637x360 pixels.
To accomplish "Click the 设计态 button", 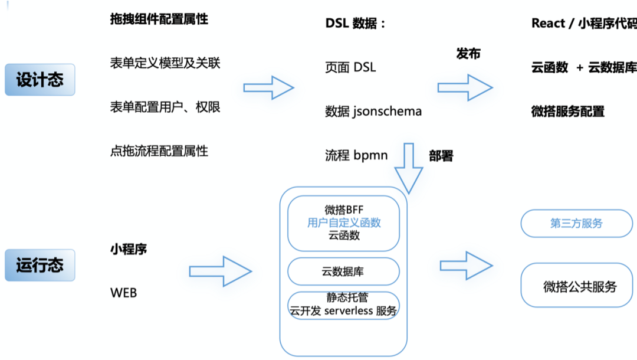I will tap(40, 80).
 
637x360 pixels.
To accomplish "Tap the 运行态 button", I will tap(40, 265).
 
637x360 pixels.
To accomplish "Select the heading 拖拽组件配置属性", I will tap(159, 19).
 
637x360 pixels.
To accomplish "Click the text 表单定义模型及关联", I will tap(165, 63).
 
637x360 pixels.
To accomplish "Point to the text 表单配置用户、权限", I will tap(165, 107).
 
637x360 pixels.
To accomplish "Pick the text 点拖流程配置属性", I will tap(159, 151).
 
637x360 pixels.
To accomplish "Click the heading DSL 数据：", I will tap(355, 23).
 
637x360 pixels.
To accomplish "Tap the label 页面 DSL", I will tap(350, 67).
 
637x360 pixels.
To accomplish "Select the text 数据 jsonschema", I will tap(373, 111).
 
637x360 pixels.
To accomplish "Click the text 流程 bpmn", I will tap(356, 155).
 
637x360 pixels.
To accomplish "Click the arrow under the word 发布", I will tap(465, 87).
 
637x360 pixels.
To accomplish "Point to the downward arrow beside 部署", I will tap(409, 168).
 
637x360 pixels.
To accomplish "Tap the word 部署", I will tap(441, 156).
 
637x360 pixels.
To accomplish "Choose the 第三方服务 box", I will tap(576, 224).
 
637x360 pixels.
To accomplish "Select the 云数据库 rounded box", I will tap(343, 271).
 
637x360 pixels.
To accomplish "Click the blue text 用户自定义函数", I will tap(344, 222).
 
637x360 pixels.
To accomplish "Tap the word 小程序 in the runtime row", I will tap(129, 249).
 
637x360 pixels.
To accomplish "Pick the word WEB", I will tap(123, 292).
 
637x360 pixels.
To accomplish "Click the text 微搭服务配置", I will tap(568, 111).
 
